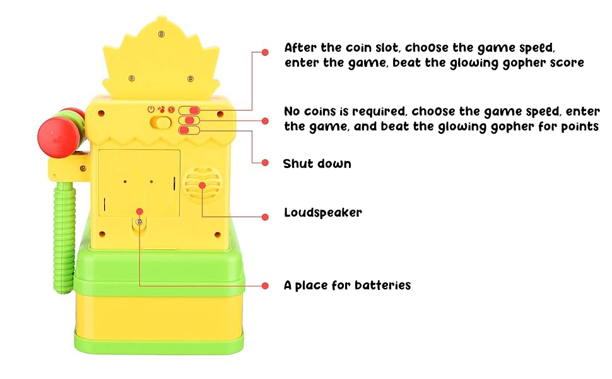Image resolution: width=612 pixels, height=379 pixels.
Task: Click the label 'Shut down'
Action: click(x=317, y=164)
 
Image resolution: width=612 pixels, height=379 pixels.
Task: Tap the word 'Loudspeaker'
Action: click(x=323, y=213)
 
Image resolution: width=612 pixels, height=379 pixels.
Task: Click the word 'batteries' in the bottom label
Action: click(x=382, y=286)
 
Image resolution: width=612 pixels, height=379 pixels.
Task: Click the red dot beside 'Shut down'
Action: click(x=265, y=162)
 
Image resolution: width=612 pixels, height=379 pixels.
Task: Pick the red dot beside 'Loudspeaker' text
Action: click(x=265, y=216)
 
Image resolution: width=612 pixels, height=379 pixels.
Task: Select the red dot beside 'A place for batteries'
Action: click(x=265, y=285)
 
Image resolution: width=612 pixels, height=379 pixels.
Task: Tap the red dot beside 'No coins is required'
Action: click(x=265, y=120)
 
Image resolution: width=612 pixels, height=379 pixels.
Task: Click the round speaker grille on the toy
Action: click(x=202, y=185)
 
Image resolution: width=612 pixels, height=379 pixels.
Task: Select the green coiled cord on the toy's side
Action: click(x=64, y=234)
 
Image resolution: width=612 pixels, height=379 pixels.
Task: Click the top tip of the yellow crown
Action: click(x=160, y=20)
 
